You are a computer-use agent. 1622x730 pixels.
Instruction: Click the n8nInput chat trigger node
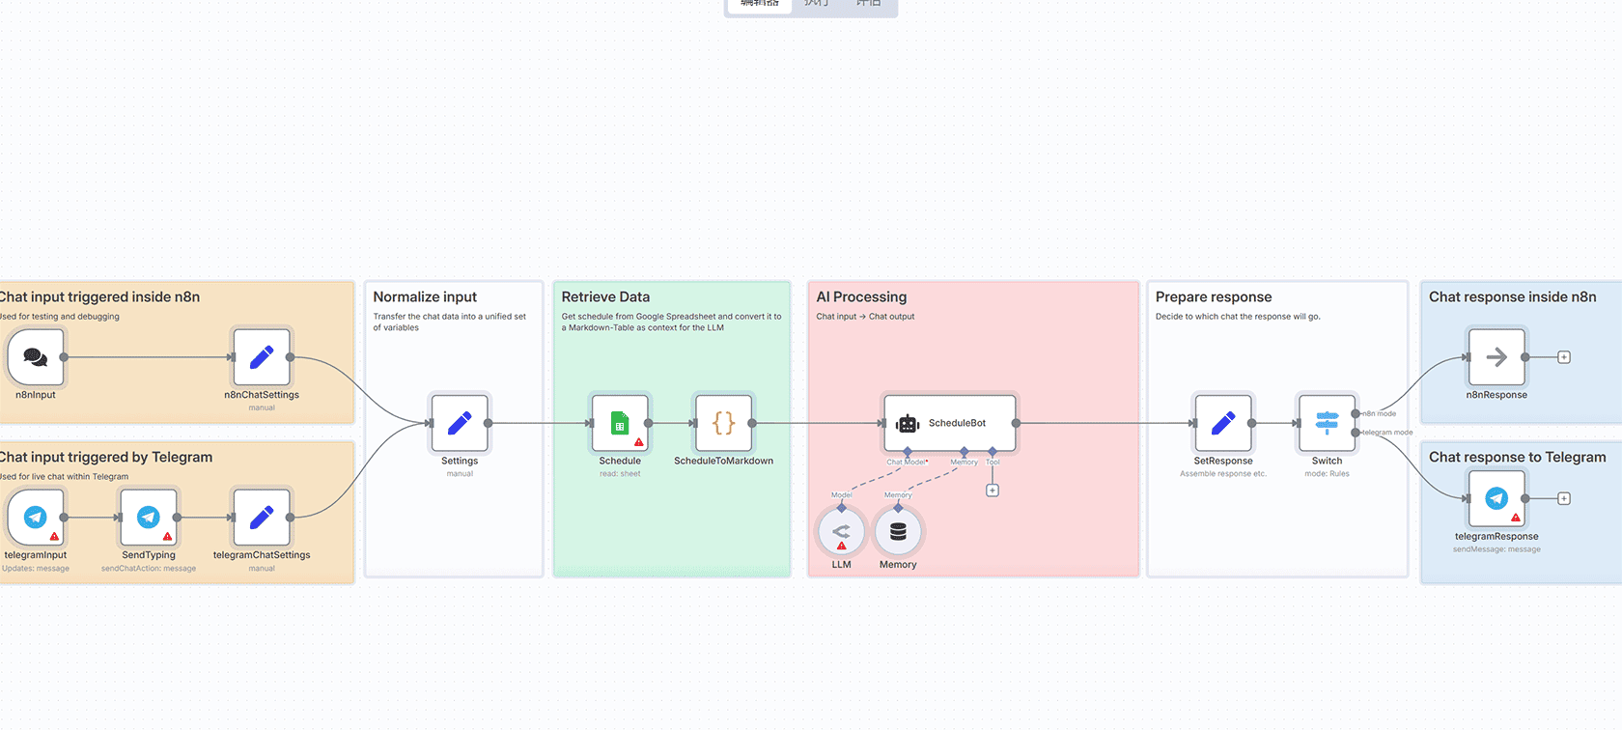coord(36,357)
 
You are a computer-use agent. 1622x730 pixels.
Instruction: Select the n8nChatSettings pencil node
coord(262,357)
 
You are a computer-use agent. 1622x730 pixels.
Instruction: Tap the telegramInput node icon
coord(36,518)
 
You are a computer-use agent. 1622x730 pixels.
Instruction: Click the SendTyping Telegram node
coord(149,518)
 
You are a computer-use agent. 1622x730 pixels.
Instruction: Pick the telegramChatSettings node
coord(262,518)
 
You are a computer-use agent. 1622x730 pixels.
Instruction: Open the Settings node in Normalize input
coord(460,423)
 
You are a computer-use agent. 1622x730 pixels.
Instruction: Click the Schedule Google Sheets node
coord(620,423)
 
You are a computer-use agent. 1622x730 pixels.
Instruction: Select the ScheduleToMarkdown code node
coord(723,423)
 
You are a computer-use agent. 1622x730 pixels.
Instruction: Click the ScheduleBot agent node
coord(950,423)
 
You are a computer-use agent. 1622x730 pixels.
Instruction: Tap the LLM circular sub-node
coord(841,531)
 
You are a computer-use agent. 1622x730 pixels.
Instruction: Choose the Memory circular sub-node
coord(898,531)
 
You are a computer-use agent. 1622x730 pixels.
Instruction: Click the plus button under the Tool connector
coord(993,491)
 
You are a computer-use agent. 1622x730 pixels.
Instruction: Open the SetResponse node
coord(1223,423)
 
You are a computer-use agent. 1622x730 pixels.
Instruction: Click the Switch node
coord(1327,423)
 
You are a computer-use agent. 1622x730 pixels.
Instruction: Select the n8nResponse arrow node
coord(1496,357)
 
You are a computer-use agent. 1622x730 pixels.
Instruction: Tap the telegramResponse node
coord(1496,498)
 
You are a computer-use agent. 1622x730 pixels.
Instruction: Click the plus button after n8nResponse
coord(1564,357)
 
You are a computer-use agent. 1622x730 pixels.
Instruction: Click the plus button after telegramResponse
coord(1564,498)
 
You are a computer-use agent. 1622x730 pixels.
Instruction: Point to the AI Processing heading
coord(861,297)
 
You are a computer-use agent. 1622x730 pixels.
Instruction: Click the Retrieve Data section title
coord(605,297)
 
